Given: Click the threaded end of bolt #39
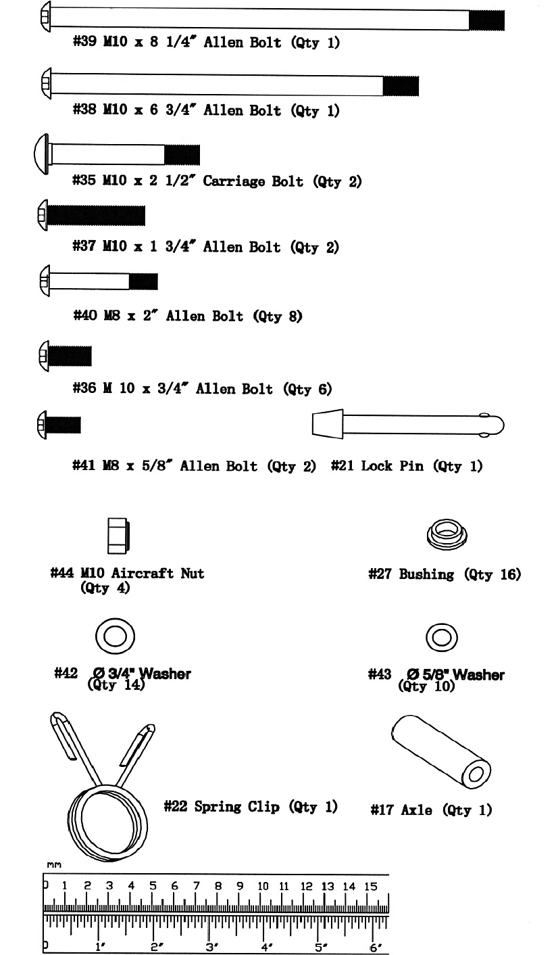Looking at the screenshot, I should coord(486,20).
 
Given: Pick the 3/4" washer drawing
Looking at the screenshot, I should coord(115,636).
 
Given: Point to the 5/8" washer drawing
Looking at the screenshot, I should coord(442,636).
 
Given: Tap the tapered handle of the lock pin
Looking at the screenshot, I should coord(327,424).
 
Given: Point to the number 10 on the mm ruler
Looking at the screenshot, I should coord(263,886).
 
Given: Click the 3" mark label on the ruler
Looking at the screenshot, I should coord(211,946).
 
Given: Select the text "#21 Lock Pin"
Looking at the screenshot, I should coord(377,466).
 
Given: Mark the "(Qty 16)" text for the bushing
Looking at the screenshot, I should coord(496,574).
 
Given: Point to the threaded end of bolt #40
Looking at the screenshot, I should coord(143,281).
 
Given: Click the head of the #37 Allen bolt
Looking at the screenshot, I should coord(41,216).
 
